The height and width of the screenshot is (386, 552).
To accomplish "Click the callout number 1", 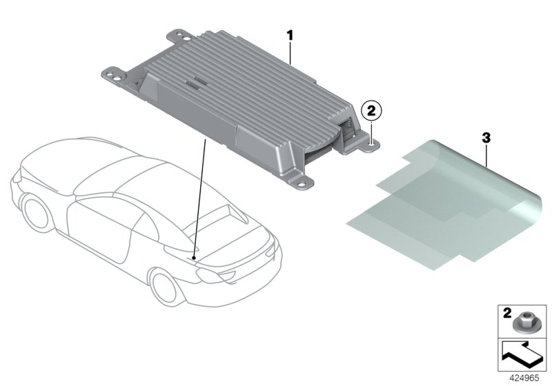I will point(290,33).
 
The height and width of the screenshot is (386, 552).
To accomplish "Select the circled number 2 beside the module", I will point(371,109).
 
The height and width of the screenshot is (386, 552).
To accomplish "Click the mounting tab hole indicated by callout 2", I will point(373,143).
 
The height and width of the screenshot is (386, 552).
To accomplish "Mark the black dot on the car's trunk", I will point(195,256).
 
